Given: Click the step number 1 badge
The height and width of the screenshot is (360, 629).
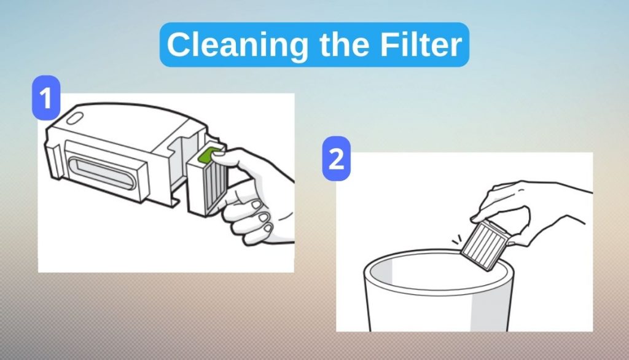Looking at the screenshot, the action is point(46,98).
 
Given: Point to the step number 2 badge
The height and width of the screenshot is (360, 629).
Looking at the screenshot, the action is point(336,158).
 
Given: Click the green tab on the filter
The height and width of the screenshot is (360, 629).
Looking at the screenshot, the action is point(209,155).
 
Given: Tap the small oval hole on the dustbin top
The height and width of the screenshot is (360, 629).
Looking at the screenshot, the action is point(74,119).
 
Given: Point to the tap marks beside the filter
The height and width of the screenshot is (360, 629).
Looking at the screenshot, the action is point(456,240).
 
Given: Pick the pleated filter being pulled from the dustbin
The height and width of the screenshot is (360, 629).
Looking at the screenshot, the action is point(208,182).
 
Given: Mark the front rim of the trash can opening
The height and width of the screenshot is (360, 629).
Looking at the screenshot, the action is point(437,292).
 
